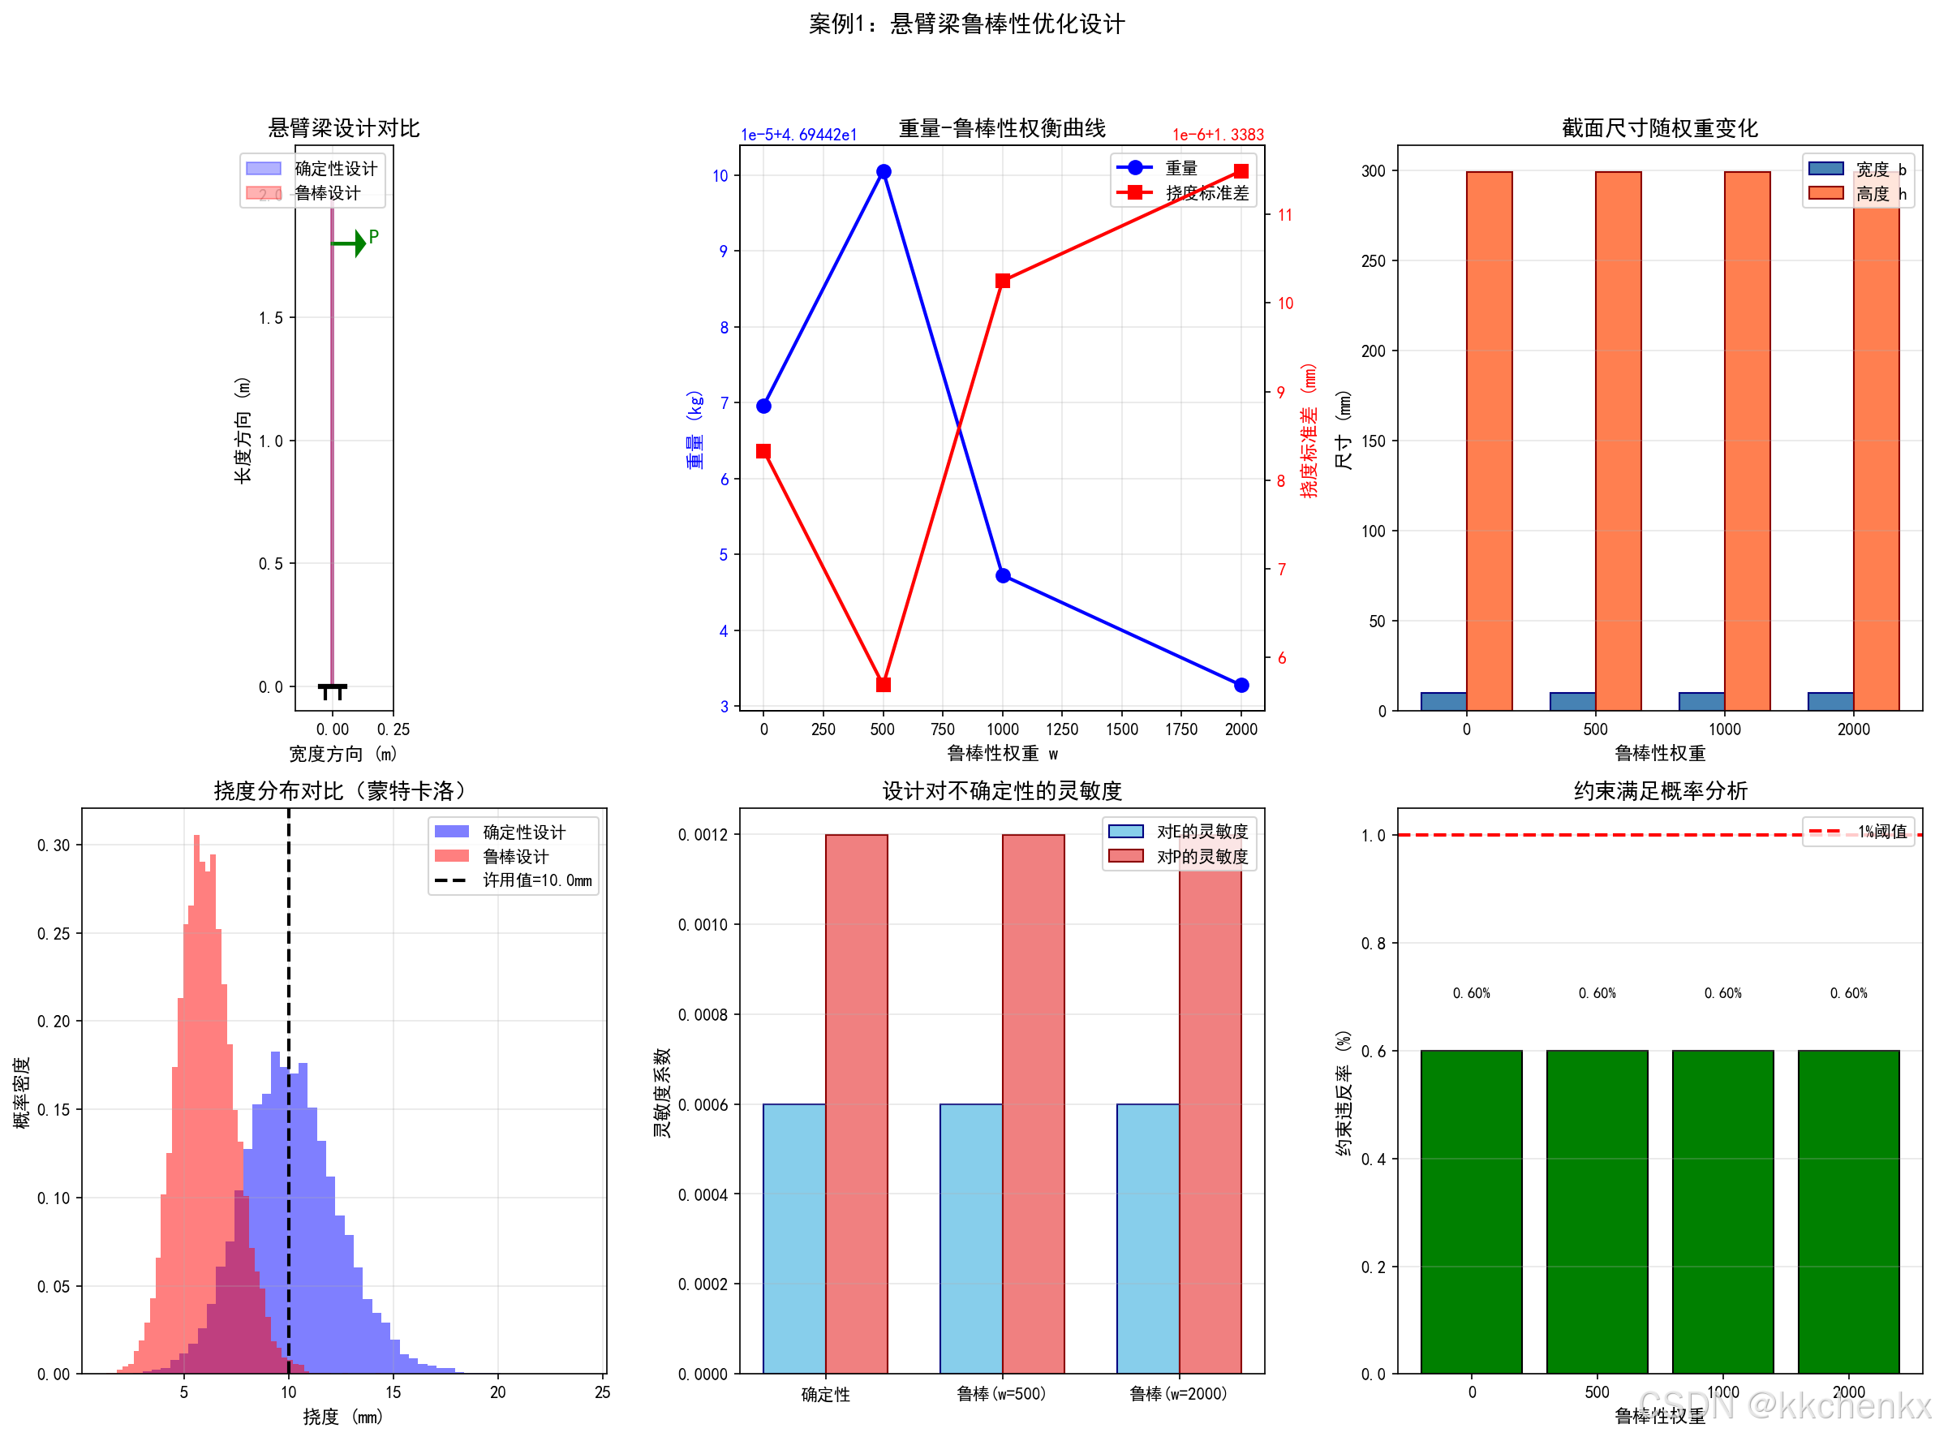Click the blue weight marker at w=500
[x=883, y=171]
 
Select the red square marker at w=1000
[x=1002, y=281]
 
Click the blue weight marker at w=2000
[x=1241, y=686]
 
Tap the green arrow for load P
[x=350, y=243]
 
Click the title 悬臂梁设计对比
[x=343, y=129]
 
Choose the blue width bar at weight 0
[x=1443, y=701]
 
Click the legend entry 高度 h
[x=1861, y=194]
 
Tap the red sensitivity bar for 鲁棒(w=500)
[x=1033, y=1104]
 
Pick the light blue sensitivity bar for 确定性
[x=794, y=1239]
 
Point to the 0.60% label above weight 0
[x=1471, y=993]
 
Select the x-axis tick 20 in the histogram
[x=497, y=1392]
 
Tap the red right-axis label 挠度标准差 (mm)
[x=1308, y=431]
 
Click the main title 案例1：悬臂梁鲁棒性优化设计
[x=966, y=24]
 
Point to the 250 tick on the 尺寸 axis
[x=1374, y=261]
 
